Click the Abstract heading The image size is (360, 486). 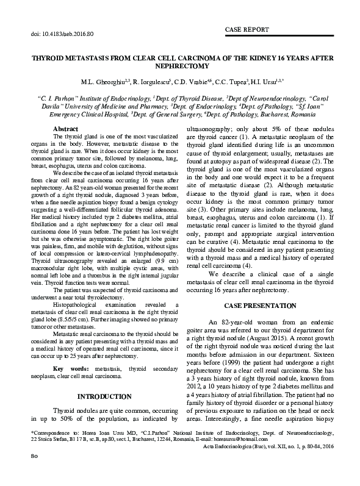(66, 130)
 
